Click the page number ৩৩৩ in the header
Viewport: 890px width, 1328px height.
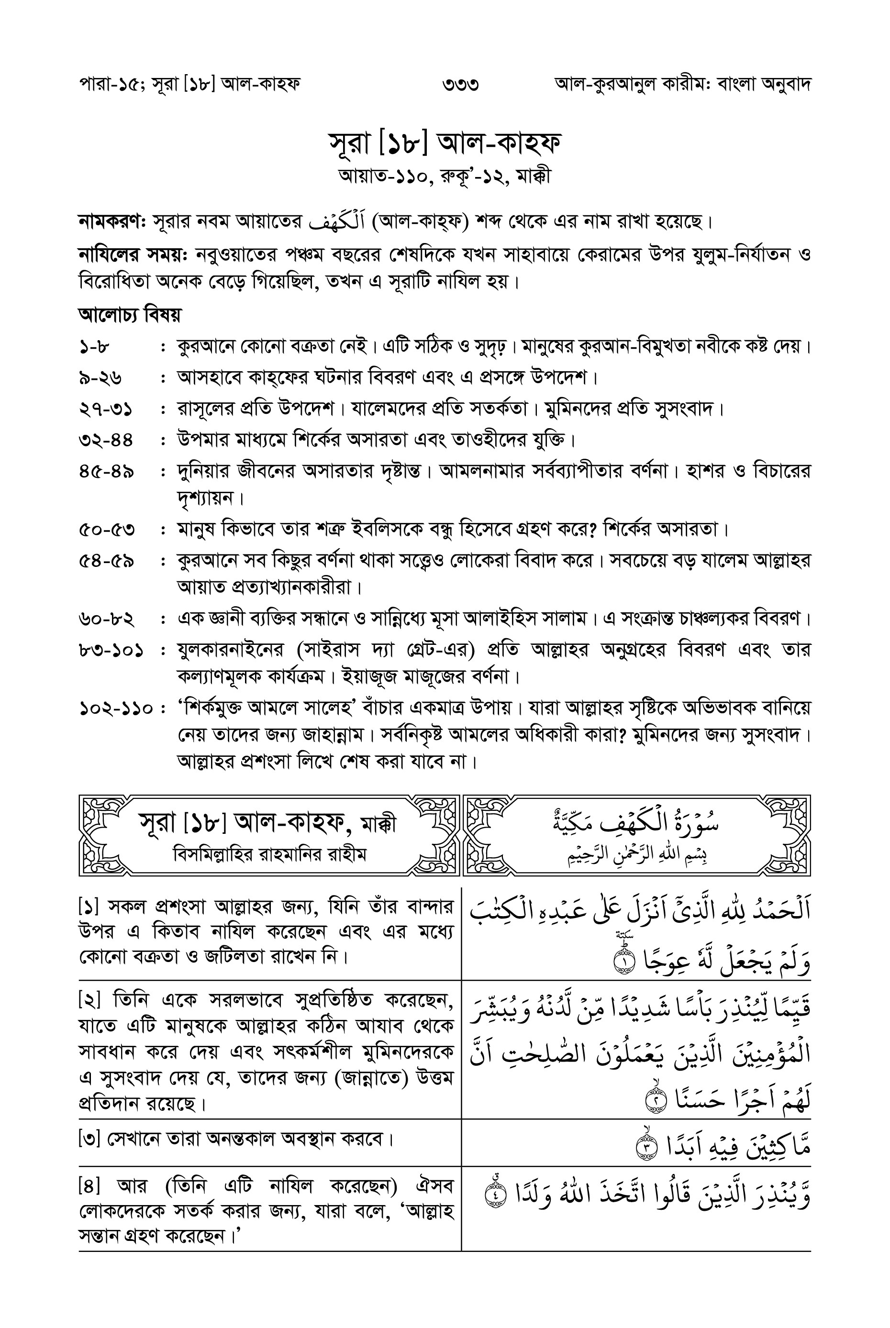(x=460, y=85)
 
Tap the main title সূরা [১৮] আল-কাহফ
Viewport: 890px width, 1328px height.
(x=445, y=143)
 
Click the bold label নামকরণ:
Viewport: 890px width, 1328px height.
(x=112, y=221)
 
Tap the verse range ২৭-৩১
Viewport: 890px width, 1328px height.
(x=106, y=409)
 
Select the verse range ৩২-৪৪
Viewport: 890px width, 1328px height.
(x=106, y=440)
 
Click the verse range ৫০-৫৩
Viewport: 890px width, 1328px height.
(x=107, y=530)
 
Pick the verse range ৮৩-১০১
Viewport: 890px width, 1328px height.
(x=111, y=650)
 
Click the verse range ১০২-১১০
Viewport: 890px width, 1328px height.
(x=116, y=709)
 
